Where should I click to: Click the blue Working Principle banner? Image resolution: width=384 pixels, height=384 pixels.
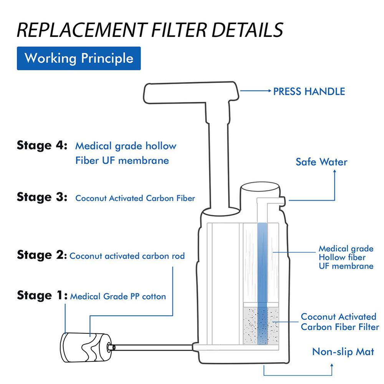tap(79, 58)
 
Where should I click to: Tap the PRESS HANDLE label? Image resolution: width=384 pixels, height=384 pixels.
tap(309, 91)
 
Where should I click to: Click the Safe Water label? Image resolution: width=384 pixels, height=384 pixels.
tap(321, 162)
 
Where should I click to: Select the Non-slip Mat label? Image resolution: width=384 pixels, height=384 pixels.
tap(343, 352)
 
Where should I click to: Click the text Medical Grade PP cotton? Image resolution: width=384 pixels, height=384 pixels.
tap(118, 296)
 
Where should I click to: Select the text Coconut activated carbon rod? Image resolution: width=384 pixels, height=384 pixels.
tap(127, 256)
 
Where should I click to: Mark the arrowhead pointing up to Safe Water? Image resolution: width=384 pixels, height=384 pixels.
tap(334, 172)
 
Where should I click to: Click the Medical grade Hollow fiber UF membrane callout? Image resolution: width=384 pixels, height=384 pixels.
tap(346, 257)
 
